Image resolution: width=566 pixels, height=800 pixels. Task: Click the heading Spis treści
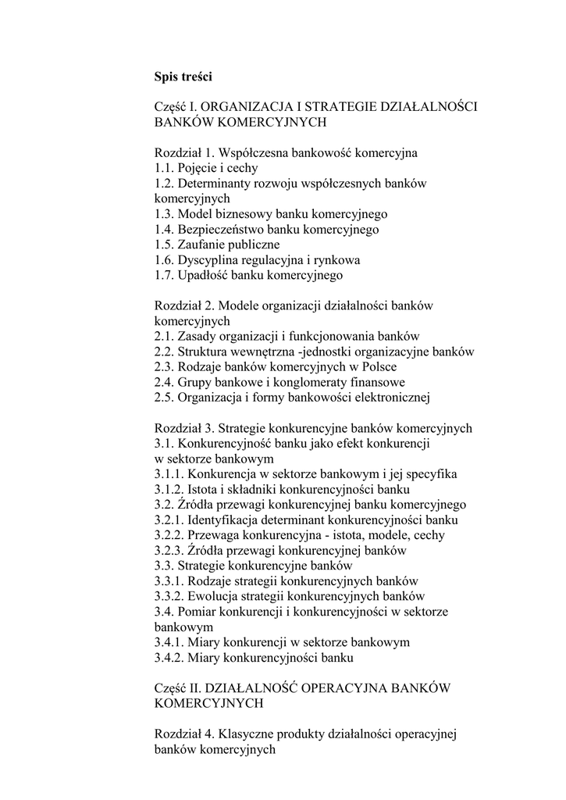tap(183, 77)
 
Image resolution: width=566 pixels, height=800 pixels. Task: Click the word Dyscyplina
tap(207, 260)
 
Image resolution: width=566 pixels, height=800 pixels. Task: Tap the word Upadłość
tap(202, 275)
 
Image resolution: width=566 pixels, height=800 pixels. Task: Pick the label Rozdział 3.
tap(184, 428)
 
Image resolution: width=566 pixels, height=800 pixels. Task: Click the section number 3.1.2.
tap(169, 490)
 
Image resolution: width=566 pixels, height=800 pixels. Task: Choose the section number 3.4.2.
tap(169, 658)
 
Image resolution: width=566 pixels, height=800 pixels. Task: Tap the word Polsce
tap(377, 367)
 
